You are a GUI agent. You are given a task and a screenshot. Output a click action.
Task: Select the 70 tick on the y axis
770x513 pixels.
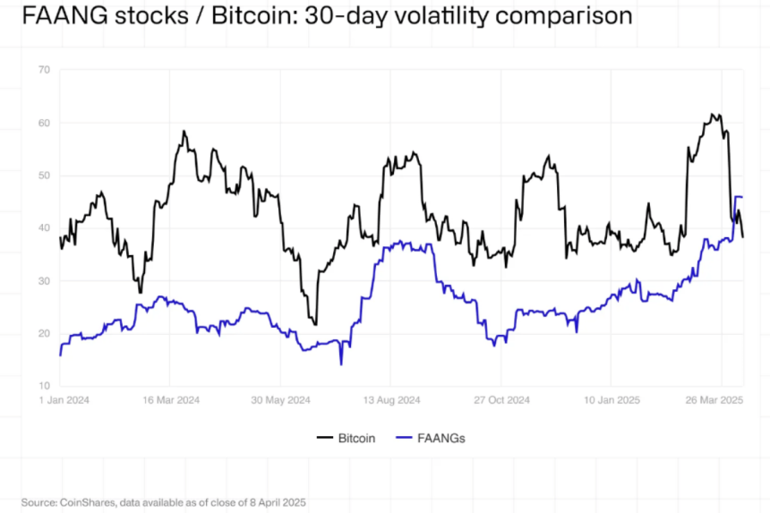pyautogui.click(x=42, y=70)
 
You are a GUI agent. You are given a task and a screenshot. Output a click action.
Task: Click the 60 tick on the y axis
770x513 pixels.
pyautogui.click(x=42, y=123)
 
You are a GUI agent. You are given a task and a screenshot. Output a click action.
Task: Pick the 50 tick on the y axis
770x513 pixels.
pyautogui.click(x=42, y=175)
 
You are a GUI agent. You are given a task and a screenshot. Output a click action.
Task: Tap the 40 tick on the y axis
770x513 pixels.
pyautogui.click(x=42, y=228)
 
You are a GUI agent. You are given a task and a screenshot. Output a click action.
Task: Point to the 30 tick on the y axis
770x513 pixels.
pyautogui.click(x=42, y=281)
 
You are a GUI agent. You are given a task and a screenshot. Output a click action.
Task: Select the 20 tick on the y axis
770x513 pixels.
pyautogui.click(x=42, y=333)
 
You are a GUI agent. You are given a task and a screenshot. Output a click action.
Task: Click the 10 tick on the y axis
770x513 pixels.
pyautogui.click(x=42, y=385)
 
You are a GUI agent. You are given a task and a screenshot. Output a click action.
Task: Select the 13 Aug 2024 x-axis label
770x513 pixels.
pyautogui.click(x=392, y=399)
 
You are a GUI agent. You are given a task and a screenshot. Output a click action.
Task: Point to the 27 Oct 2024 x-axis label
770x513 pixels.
pyautogui.click(x=501, y=399)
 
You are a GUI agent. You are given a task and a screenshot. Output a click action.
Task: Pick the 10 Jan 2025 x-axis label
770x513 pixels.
pyautogui.click(x=611, y=399)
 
